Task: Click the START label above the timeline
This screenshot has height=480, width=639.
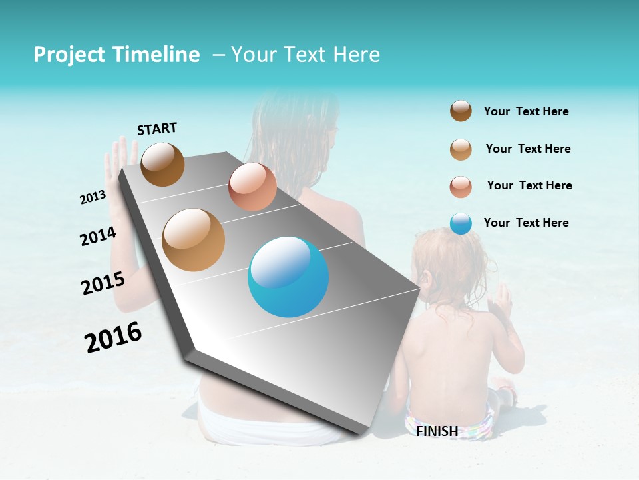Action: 157,129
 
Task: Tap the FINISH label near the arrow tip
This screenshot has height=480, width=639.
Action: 437,431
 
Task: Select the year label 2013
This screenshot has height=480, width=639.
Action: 93,197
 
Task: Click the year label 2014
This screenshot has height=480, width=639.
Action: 98,236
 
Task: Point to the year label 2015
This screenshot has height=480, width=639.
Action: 103,283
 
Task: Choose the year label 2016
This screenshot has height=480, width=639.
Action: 113,337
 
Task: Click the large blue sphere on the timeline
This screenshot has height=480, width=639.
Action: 288,277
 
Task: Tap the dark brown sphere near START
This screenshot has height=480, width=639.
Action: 162,164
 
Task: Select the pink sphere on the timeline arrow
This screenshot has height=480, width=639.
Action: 252,187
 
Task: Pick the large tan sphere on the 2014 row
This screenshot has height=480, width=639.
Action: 194,240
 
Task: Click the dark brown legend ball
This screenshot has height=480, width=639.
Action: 461,111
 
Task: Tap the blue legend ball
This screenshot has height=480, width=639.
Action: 461,223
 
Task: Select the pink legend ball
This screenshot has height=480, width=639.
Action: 461,187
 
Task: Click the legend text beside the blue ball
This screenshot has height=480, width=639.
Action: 526,223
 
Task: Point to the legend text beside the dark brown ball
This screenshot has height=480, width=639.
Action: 526,111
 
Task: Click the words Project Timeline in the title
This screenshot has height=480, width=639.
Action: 116,55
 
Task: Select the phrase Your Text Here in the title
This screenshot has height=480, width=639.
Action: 306,55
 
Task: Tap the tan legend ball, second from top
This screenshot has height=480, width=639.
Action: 461,149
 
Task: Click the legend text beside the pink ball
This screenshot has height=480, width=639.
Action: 529,185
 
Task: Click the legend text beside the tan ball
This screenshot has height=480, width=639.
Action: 528,149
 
